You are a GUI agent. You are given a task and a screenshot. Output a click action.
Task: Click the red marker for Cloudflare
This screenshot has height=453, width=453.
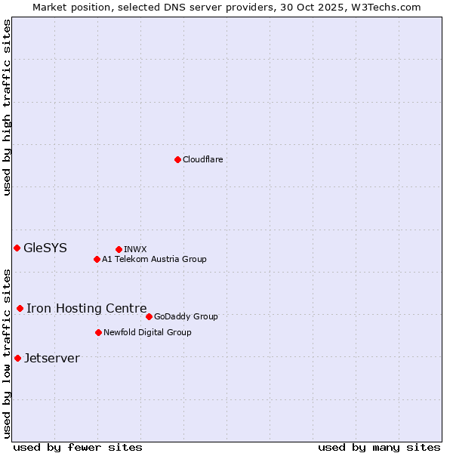point(177,159)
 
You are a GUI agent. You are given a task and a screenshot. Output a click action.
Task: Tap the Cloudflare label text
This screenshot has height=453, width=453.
point(202,159)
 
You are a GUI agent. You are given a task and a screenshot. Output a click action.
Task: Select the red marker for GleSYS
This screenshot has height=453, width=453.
point(17,248)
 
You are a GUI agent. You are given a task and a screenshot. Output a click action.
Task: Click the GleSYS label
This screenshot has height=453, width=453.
point(45,248)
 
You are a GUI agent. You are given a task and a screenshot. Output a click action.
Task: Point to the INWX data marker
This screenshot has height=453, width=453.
point(119,249)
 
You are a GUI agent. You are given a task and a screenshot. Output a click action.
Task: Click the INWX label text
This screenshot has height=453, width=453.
point(135,249)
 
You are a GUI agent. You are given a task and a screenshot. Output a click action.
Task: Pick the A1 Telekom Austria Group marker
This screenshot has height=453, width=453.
point(97,259)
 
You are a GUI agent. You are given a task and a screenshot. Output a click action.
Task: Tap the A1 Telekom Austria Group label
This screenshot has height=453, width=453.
point(154,259)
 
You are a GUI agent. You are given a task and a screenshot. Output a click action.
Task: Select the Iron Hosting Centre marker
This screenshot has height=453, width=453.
point(20,308)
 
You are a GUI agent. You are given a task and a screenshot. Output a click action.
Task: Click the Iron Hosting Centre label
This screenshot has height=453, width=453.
point(86,308)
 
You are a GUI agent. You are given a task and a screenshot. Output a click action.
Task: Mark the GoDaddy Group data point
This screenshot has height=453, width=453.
point(149,316)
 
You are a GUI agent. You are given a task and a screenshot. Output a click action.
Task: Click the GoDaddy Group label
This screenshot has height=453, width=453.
point(186,316)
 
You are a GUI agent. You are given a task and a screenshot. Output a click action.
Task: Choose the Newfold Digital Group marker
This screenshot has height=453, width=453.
point(98,332)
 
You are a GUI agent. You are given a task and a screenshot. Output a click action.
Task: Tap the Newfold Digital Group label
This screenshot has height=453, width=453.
point(147,332)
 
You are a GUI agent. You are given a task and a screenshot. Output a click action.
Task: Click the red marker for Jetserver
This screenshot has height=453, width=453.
point(17,358)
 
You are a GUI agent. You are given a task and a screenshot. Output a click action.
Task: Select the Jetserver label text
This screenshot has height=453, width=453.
point(51,358)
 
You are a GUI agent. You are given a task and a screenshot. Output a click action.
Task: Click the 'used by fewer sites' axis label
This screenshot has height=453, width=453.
point(78,447)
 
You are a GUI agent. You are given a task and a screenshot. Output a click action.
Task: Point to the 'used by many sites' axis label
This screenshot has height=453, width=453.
point(379,447)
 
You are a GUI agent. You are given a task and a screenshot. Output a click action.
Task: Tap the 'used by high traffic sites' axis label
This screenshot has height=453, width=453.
point(7,107)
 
